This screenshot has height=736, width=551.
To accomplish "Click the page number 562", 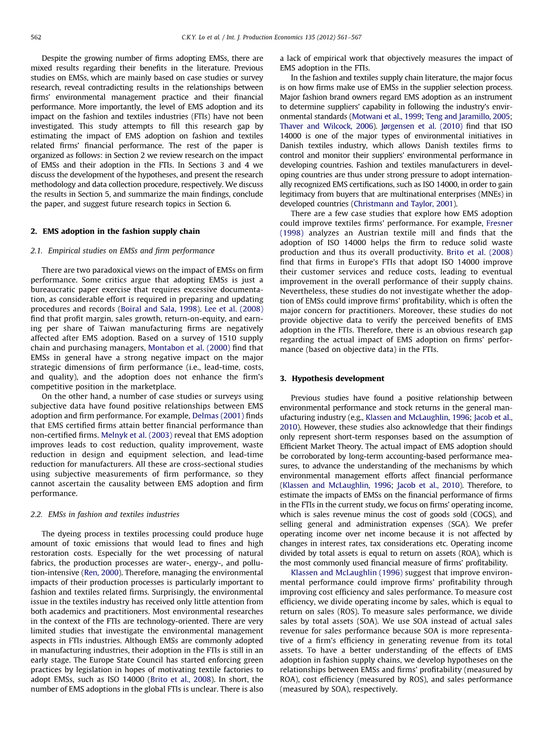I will (x=36, y=38).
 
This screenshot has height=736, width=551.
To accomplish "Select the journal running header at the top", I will (x=272, y=38).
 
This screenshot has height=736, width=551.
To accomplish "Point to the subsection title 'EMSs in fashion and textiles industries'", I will (x=105, y=514).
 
